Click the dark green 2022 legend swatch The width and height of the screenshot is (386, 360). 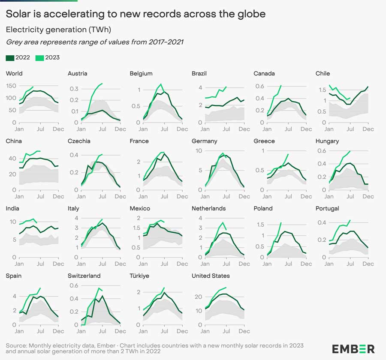click(x=10, y=57)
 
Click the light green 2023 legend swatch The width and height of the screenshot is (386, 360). click(x=38, y=57)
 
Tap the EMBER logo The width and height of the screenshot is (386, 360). click(x=353, y=348)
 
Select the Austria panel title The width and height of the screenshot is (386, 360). click(x=77, y=73)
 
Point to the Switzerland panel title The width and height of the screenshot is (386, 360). click(x=84, y=276)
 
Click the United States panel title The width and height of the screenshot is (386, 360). click(x=211, y=276)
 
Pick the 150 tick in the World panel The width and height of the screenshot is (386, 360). click(x=11, y=86)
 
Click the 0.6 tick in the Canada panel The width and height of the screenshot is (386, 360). click(x=259, y=86)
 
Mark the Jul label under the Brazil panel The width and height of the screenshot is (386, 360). click(x=226, y=129)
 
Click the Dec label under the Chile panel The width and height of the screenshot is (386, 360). click(x=368, y=129)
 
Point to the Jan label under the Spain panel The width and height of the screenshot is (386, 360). click(x=19, y=331)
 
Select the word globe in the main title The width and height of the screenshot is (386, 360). click(x=252, y=14)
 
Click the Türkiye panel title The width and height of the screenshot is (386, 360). click(x=139, y=276)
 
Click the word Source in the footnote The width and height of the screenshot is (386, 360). click(x=16, y=345)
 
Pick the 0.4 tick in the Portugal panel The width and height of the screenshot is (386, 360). click(x=321, y=222)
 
